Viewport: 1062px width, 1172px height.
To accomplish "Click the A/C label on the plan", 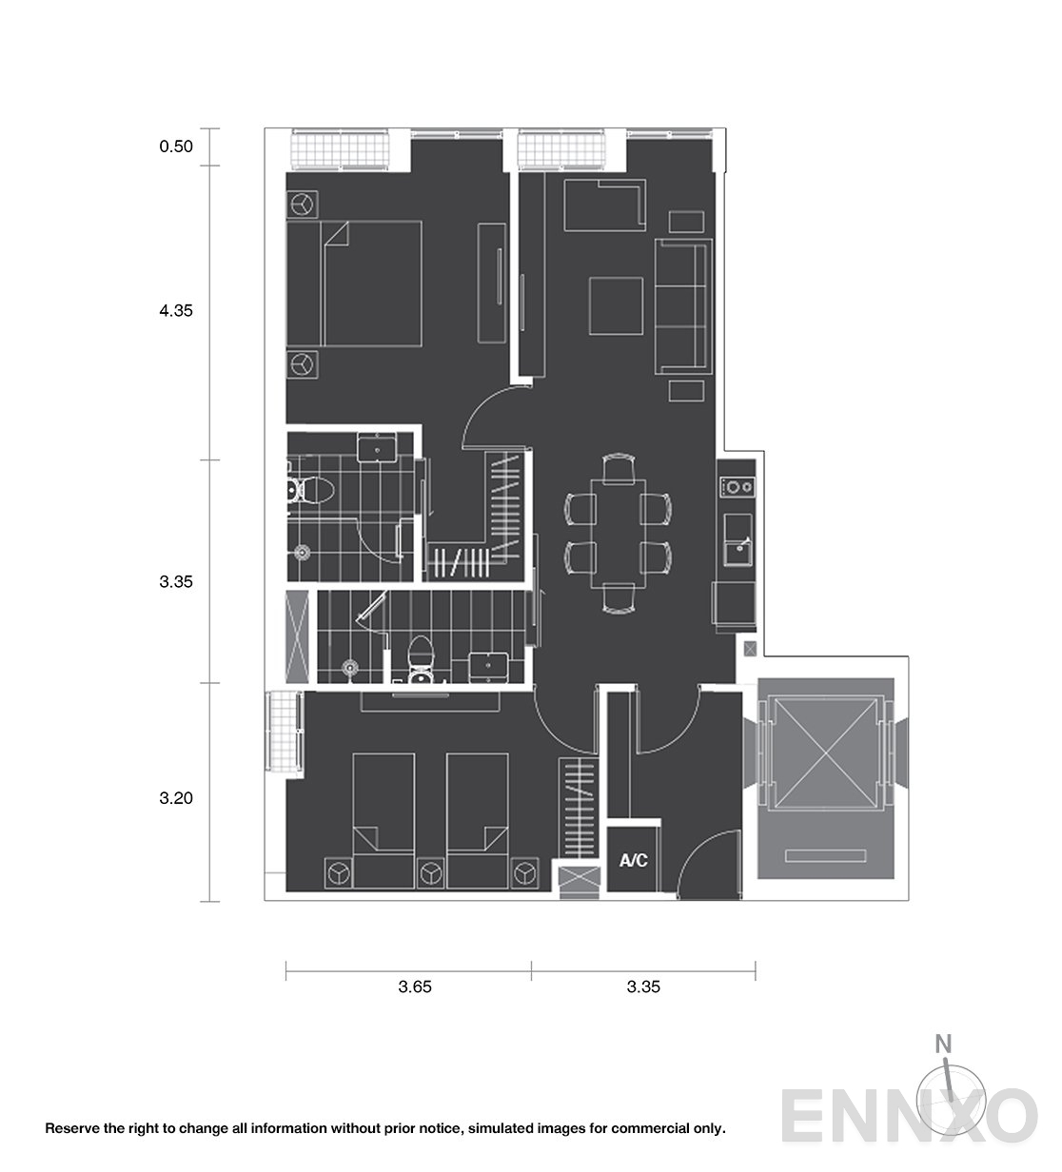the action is [634, 860].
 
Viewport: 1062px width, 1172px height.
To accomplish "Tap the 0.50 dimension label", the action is [176, 146].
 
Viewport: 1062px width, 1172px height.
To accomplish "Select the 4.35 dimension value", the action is [176, 310].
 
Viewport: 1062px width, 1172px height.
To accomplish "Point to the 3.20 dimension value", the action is [176, 798].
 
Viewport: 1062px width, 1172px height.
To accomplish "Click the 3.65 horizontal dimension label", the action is [415, 986].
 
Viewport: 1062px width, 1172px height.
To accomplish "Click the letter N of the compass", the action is [943, 1044].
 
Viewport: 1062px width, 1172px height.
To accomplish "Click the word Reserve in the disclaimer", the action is [65, 1128].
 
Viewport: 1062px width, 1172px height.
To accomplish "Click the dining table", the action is [618, 534].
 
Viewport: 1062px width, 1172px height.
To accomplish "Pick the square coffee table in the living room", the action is [616, 306].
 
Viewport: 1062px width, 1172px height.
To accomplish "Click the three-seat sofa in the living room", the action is [683, 306].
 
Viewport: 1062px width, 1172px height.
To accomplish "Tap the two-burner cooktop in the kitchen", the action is [737, 487].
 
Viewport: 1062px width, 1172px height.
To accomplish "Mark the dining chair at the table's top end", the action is [619, 469].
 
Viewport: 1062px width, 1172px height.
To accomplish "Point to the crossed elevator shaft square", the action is [825, 753].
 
